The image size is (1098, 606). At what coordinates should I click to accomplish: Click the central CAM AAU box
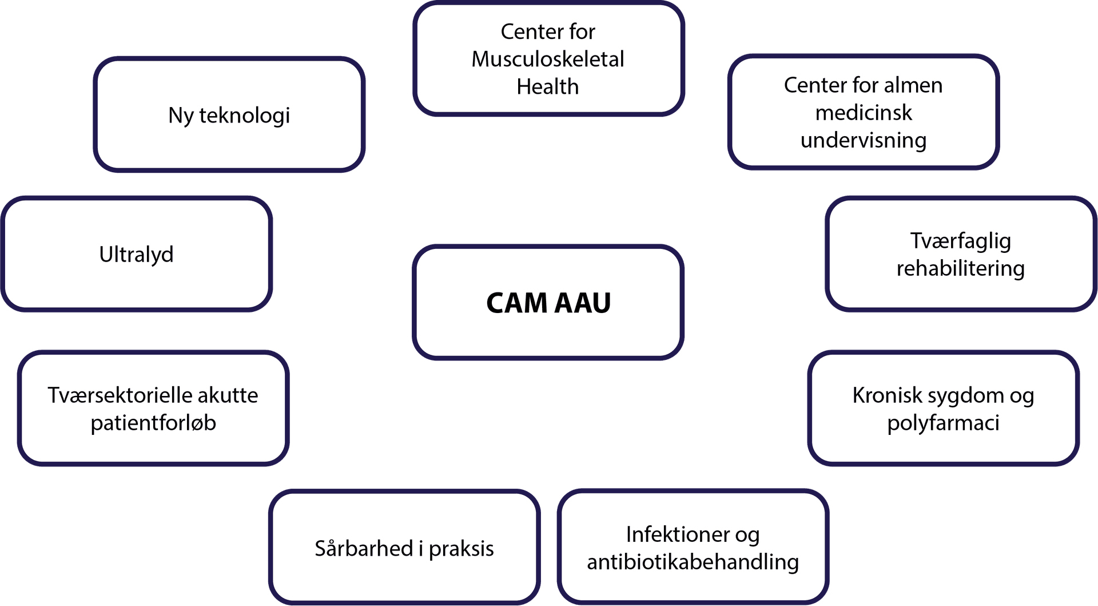548,303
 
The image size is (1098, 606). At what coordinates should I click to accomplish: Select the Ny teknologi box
229,114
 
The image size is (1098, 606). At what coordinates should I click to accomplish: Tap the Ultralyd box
136,254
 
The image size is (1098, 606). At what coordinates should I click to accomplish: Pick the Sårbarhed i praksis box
404,548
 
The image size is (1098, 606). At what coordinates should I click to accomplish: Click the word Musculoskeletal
547,59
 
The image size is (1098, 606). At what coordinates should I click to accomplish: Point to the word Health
547,86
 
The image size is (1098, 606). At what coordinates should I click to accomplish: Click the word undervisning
863,140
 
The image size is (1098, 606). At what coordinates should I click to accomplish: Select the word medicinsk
863,113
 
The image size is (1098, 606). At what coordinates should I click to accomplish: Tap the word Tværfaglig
960,241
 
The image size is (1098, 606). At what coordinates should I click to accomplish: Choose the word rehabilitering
960,268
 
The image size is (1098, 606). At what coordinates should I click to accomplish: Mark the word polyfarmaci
943,423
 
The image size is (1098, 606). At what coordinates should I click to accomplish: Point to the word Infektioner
677,534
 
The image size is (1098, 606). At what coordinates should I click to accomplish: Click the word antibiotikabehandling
693,562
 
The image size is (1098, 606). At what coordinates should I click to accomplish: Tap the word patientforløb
153,423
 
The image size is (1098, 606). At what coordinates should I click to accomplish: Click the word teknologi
244,116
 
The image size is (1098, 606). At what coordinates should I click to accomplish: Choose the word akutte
228,395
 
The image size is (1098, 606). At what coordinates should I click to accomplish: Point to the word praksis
461,549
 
